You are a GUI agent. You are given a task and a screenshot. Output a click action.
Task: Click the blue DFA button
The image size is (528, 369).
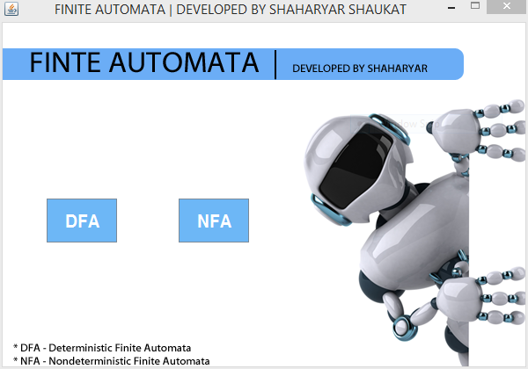pos(82,221)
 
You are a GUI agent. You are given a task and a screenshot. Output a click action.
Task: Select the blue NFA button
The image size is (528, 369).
pos(214,221)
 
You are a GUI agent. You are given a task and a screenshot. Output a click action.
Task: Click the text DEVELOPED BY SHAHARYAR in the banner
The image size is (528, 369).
pos(360,69)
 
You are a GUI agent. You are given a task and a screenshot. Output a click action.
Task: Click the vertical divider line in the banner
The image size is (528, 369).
pos(276,64)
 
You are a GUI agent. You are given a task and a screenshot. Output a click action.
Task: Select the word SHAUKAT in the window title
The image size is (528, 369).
pos(348,9)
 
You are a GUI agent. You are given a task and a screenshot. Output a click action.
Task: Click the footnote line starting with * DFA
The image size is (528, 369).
pos(102,348)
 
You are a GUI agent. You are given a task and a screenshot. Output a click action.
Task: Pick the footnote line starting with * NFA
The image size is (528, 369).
pos(112,360)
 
